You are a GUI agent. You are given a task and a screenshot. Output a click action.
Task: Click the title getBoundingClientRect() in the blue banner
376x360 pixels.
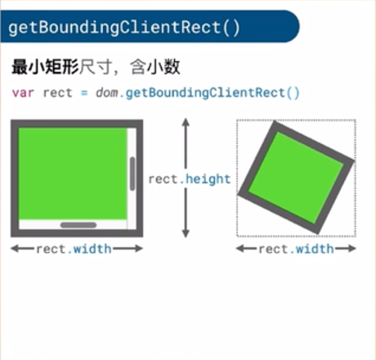click(x=124, y=28)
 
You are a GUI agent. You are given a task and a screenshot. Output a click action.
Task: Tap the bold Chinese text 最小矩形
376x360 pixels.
click(x=45, y=66)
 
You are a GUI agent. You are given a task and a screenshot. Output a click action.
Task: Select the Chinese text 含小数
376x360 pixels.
click(x=154, y=66)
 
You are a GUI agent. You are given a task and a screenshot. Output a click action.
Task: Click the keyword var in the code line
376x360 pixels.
click(x=23, y=93)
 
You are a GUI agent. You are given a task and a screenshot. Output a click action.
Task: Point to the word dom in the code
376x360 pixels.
click(x=107, y=92)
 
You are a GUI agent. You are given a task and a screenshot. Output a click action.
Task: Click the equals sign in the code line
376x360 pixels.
click(x=84, y=93)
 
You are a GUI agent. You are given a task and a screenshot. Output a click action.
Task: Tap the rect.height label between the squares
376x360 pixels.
click(x=190, y=179)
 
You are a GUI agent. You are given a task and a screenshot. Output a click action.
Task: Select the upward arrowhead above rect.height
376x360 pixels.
click(x=186, y=122)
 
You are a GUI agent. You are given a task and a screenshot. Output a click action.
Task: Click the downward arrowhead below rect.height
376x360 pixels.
click(x=186, y=233)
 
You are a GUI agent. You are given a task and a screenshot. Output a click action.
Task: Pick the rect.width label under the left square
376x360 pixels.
click(x=74, y=249)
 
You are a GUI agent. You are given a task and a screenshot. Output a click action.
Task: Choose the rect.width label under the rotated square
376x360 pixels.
click(x=296, y=249)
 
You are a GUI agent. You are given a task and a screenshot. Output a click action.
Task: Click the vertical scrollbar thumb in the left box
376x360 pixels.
click(x=132, y=173)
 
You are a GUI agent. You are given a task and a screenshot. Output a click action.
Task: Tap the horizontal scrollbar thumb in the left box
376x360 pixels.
click(x=78, y=225)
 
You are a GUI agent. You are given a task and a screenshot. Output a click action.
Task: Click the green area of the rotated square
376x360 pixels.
click(x=296, y=178)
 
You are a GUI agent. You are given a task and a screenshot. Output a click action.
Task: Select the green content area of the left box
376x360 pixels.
click(x=73, y=173)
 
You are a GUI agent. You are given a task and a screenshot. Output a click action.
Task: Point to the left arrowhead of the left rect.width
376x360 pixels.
click(x=15, y=249)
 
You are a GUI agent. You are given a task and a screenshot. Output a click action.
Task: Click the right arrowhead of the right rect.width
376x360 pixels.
click(x=352, y=249)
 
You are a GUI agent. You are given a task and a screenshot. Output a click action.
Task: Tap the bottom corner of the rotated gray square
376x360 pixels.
click(x=318, y=234)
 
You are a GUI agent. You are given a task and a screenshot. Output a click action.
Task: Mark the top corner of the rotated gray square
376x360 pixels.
click(x=275, y=122)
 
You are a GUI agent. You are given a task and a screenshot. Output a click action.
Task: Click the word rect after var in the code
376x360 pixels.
click(x=58, y=93)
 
